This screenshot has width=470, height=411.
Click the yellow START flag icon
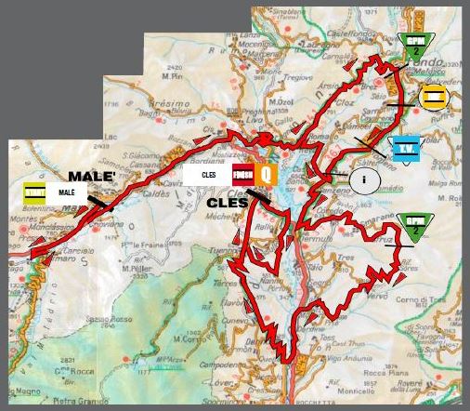tap(33, 192)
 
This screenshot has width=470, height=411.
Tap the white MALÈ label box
tap(67, 192)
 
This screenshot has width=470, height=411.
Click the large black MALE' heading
tap(92, 176)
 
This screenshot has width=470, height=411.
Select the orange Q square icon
tap(267, 173)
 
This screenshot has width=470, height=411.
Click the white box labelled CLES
tap(208, 173)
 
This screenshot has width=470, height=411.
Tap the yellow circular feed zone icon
tap(434, 97)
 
